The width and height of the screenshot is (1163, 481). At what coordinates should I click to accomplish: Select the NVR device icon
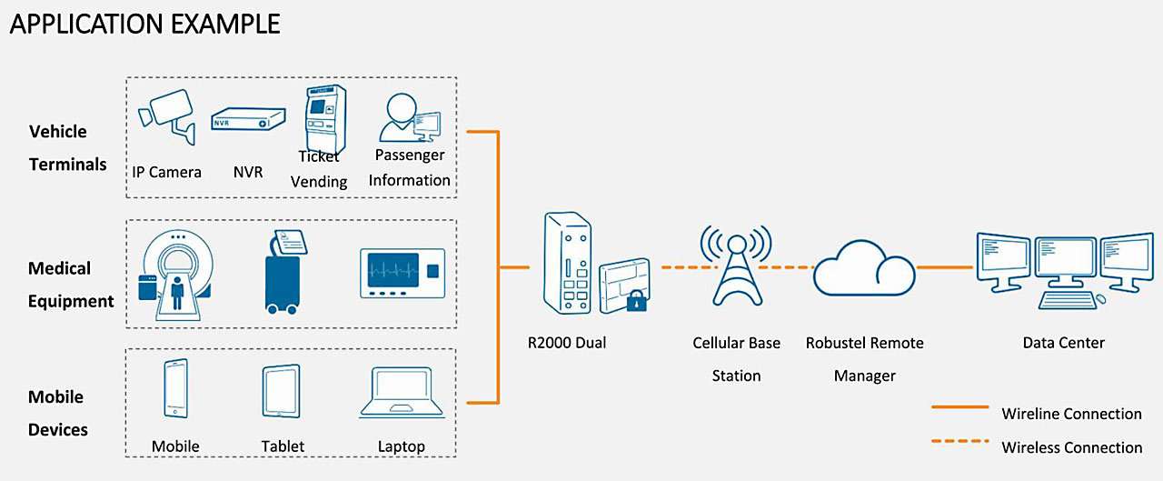tap(243, 120)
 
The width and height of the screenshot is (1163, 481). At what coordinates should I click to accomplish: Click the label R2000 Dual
tap(566, 343)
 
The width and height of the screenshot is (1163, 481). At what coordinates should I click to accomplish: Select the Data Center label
tap(1063, 343)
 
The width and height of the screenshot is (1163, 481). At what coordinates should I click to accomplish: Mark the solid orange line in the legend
tap(959, 407)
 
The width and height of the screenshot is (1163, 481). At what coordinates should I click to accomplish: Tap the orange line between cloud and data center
tap(945, 267)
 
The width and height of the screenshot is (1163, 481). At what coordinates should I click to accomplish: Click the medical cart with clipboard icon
tap(283, 273)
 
